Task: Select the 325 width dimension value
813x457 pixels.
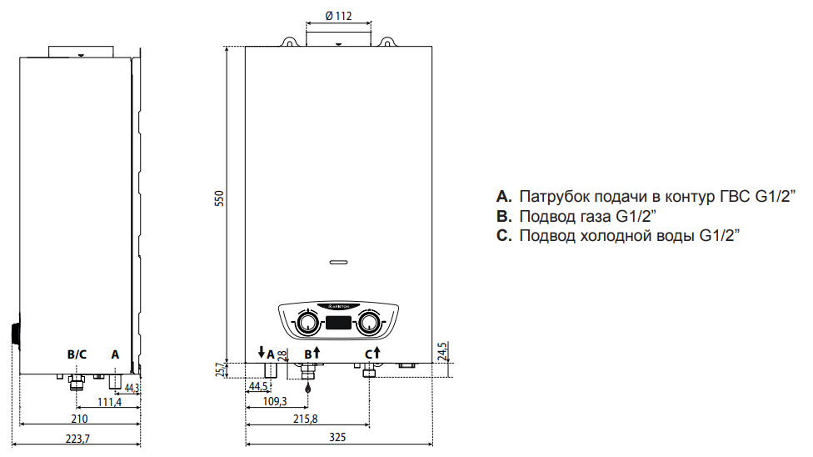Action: [x=338, y=437]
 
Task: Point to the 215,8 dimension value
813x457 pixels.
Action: [x=306, y=418]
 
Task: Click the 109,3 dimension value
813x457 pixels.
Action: [x=274, y=401]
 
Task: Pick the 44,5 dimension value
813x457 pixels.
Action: [x=258, y=386]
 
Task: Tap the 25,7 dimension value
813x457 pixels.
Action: [x=219, y=369]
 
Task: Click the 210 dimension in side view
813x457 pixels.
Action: [x=79, y=418]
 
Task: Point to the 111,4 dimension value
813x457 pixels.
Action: [x=109, y=402]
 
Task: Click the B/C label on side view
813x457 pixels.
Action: [x=77, y=354]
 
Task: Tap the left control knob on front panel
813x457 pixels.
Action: [x=308, y=323]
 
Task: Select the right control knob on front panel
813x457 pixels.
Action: [x=367, y=323]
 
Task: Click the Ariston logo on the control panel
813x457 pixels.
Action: [x=338, y=306]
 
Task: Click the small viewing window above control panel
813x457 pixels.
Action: [x=338, y=262]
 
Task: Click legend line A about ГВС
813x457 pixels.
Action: [x=646, y=197]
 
